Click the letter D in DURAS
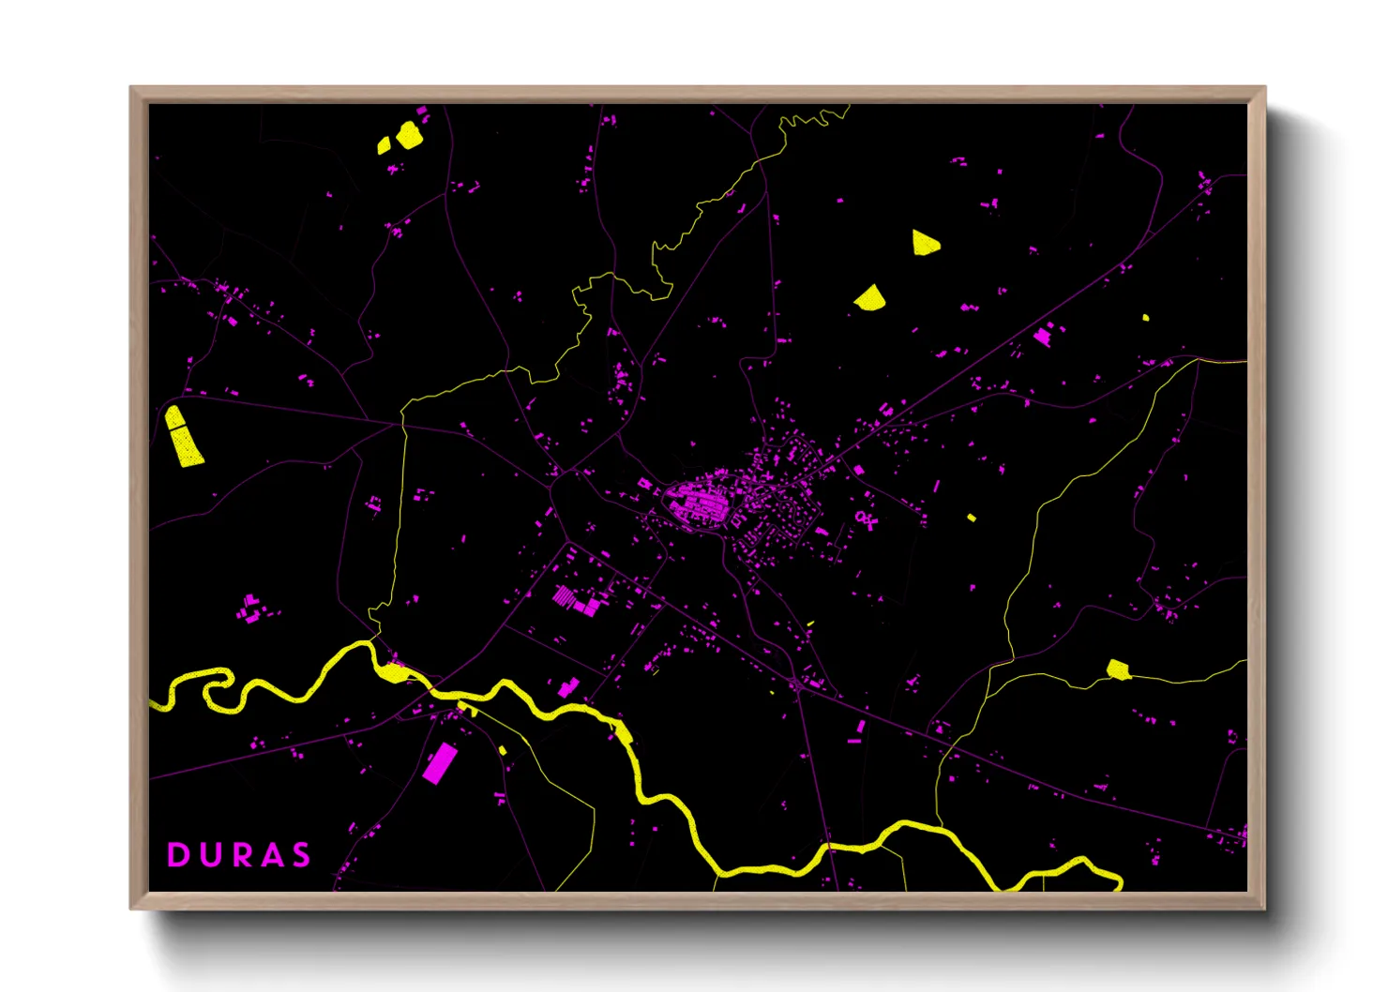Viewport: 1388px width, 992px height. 176,855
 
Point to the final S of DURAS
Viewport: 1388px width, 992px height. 301,855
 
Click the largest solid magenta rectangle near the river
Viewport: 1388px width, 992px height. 439,763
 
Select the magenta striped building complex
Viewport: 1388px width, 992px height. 565,597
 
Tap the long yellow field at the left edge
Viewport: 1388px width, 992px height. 184,436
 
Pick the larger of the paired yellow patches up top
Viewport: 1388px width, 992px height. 409,135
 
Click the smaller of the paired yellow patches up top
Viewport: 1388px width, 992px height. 384,145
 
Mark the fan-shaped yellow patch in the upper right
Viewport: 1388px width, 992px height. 870,299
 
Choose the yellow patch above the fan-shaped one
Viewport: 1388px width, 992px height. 925,243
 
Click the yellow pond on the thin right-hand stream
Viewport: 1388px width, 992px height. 1117,669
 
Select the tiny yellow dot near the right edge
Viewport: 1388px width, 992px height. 1145,318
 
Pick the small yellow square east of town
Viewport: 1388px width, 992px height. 972,518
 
